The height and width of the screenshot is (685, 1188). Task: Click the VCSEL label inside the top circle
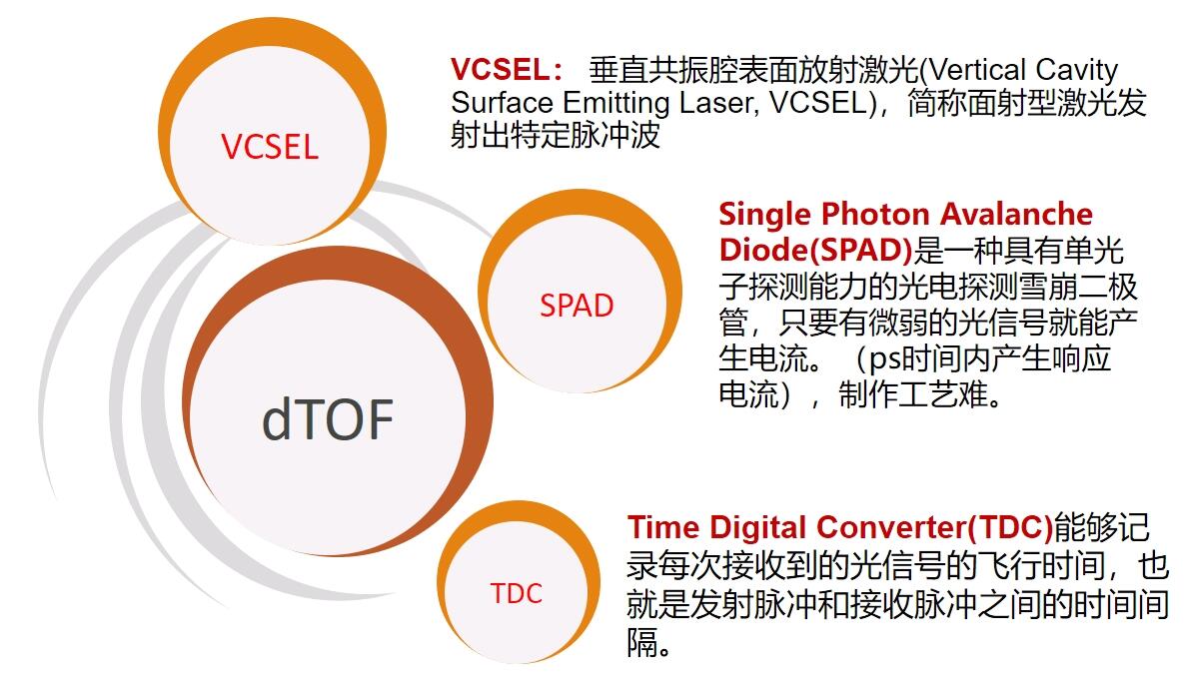point(270,148)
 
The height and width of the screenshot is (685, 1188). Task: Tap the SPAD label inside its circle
point(577,306)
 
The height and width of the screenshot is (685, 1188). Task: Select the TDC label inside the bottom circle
point(516,594)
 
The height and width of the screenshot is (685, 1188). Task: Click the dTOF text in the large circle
point(327,419)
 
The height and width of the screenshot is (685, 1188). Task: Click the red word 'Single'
point(765,214)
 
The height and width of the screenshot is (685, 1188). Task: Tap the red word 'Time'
point(664,526)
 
